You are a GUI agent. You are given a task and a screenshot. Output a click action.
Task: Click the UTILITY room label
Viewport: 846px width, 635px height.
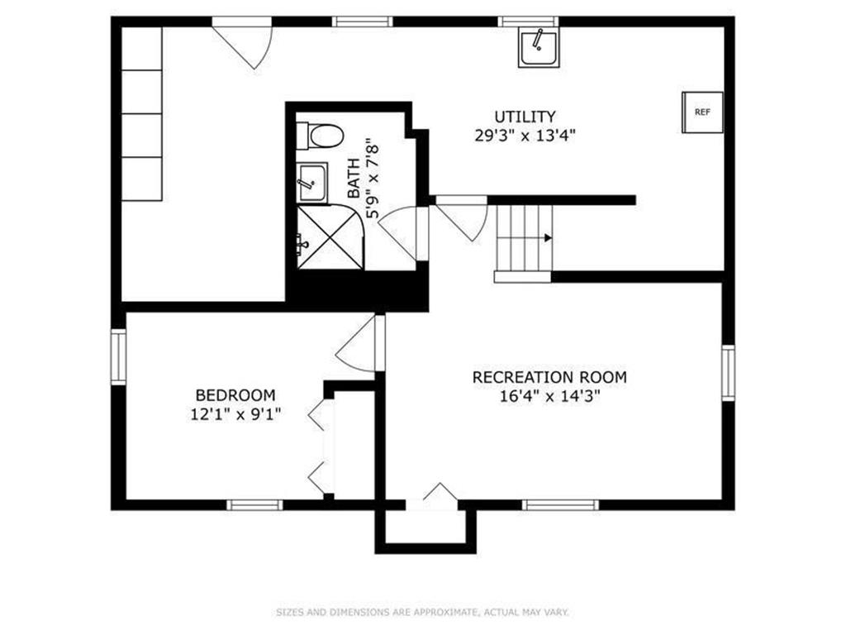525,117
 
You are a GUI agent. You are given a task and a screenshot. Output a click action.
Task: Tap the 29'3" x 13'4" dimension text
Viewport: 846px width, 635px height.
525,135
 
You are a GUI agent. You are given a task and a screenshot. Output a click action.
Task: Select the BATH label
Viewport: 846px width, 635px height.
354,179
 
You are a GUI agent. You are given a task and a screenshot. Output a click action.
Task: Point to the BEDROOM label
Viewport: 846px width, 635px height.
235,395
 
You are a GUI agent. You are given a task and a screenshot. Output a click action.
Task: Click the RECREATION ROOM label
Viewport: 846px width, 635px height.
549,377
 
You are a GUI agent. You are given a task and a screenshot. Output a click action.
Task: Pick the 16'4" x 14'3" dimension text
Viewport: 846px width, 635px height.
549,396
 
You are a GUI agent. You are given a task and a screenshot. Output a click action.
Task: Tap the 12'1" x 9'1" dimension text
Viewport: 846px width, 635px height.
235,415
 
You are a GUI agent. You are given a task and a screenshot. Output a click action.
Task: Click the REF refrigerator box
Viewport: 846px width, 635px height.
702,112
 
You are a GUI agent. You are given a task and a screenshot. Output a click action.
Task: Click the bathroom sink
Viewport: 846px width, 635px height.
311,183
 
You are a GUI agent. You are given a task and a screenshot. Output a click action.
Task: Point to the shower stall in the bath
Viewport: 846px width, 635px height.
330,237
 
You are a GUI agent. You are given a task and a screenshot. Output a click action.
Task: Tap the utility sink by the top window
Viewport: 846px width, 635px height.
539,47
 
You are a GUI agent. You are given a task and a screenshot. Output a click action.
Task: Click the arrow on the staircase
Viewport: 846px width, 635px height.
548,237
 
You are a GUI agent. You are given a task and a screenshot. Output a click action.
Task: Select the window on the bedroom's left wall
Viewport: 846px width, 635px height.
119,356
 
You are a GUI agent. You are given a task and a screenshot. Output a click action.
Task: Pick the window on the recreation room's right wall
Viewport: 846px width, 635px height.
729,373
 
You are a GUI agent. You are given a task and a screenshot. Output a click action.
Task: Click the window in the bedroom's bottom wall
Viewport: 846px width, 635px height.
254,505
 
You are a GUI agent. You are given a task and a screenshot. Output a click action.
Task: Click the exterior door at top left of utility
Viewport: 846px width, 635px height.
241,43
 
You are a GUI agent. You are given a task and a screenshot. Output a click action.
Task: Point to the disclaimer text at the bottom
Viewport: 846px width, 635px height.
422,613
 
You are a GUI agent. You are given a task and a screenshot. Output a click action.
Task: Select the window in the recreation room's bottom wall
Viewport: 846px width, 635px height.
561,505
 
